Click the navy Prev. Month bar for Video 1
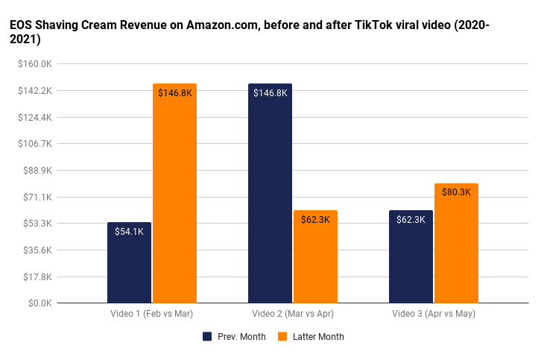[x=129, y=262]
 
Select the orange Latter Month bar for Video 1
[x=174, y=194]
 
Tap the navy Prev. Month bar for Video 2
[x=270, y=194]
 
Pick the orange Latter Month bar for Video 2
[x=315, y=256]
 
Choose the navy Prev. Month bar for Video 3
[x=411, y=256]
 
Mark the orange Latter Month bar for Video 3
[x=456, y=243]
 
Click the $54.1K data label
[x=129, y=232]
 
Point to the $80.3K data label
[x=456, y=192]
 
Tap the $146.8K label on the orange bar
[x=174, y=93]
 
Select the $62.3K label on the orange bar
[x=315, y=220]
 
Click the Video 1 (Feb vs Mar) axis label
[x=152, y=314]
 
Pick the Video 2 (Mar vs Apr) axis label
[x=293, y=314]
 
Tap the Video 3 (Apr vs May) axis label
[x=434, y=314]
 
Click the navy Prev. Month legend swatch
[x=207, y=337]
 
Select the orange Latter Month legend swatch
[x=282, y=337]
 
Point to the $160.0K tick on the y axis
[x=35, y=64]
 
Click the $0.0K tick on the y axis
[x=39, y=303]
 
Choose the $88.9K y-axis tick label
[x=37, y=171]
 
